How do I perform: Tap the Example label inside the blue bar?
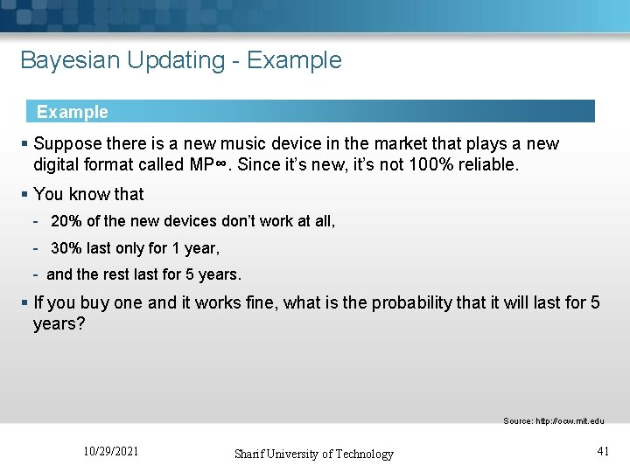[73, 112]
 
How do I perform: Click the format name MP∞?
[213, 164]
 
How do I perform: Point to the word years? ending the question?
[59, 324]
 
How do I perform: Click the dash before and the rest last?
[37, 274]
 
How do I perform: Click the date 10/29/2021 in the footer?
[110, 452]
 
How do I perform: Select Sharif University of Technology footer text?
[313, 454]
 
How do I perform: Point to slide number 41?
[602, 452]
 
